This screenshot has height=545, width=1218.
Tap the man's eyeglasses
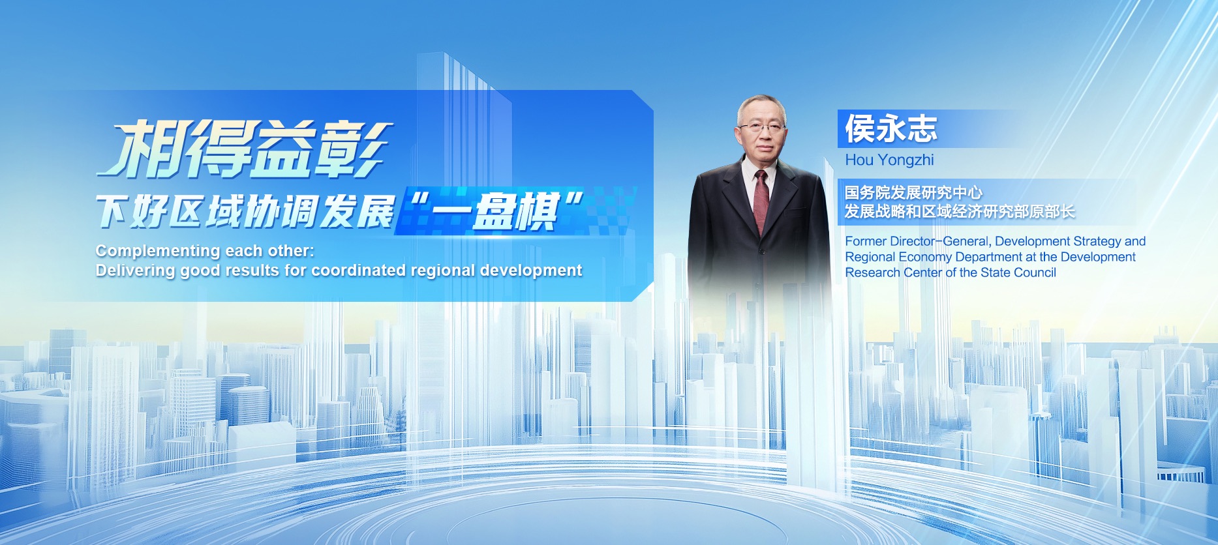tap(761, 127)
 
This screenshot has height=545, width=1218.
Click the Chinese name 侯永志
tap(891, 128)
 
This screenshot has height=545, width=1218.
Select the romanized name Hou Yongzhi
tap(889, 160)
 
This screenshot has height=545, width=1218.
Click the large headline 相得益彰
tap(245, 149)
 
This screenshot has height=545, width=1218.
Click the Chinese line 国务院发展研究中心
tap(913, 192)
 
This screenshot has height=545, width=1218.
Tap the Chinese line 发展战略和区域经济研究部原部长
tap(960, 211)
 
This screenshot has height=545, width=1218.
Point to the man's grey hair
tap(761, 106)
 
